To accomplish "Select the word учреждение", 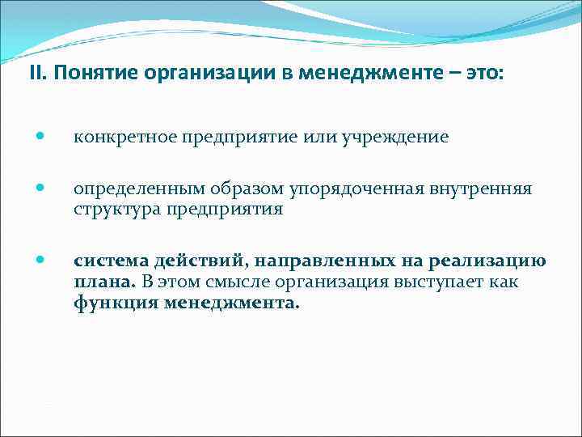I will [x=403, y=137].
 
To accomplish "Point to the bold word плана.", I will [x=103, y=282].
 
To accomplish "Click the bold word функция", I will [x=115, y=304].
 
